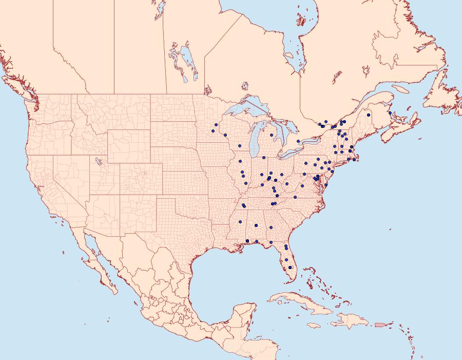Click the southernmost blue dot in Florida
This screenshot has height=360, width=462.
click(x=291, y=267)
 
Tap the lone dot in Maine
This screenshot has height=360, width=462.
click(x=369, y=115)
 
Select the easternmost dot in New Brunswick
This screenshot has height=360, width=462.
click(x=390, y=113)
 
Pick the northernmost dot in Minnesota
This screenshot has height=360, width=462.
click(x=217, y=125)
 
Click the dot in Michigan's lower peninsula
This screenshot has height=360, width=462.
click(x=271, y=135)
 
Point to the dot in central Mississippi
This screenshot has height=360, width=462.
click(x=240, y=222)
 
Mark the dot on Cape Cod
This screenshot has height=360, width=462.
click(x=354, y=160)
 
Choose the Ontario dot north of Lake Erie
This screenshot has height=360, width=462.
click(x=298, y=141)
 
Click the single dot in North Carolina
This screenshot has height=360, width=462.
click(x=295, y=197)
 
